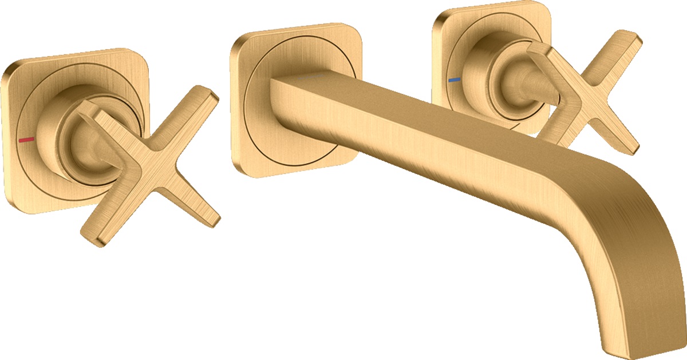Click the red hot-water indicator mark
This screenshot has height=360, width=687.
pyautogui.click(x=26, y=139)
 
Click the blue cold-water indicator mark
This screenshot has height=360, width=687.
pyautogui.click(x=454, y=80)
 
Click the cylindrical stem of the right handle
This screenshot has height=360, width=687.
pyautogui.click(x=515, y=80)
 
